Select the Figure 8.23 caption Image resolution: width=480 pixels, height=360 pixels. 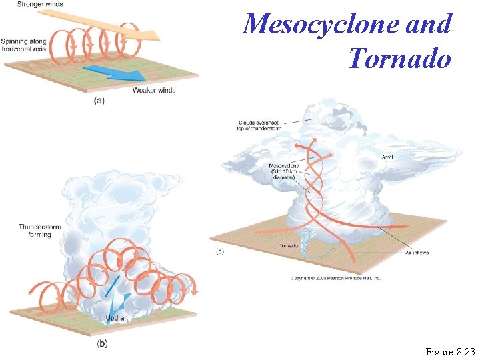451,351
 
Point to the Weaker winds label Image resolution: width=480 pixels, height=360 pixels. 154,90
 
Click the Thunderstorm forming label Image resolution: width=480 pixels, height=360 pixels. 35,231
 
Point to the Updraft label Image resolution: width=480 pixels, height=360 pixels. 117,319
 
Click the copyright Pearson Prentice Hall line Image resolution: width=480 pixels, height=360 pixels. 335,276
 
